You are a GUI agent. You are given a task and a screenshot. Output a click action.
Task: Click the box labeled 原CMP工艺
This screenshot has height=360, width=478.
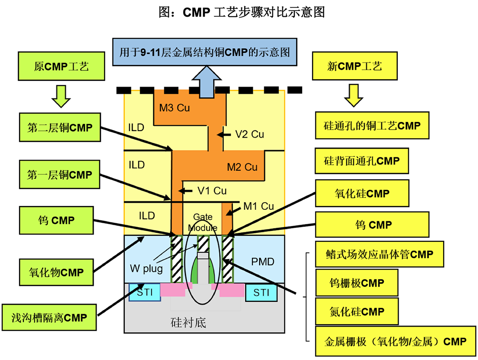click(62, 66)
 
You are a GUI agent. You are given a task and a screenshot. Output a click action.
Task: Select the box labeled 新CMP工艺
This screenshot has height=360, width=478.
click(354, 66)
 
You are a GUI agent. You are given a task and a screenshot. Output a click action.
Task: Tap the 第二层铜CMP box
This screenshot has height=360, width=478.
click(60, 128)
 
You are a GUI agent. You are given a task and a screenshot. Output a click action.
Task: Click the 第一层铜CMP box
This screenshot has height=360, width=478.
click(60, 175)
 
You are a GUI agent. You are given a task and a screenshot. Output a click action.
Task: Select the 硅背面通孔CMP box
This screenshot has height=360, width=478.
click(362, 161)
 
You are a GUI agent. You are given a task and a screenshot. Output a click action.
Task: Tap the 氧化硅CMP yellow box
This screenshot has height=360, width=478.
click(362, 194)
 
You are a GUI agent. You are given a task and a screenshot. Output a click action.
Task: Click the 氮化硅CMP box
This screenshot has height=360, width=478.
click(357, 312)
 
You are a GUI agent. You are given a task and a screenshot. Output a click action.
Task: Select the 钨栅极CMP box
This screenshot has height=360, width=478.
click(357, 283)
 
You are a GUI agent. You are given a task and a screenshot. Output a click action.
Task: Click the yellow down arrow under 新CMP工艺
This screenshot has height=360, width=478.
click(354, 95)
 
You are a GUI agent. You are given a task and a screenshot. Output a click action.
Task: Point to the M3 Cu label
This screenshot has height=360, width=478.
click(174, 108)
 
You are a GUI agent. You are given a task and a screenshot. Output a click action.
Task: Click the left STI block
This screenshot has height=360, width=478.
click(145, 292)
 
